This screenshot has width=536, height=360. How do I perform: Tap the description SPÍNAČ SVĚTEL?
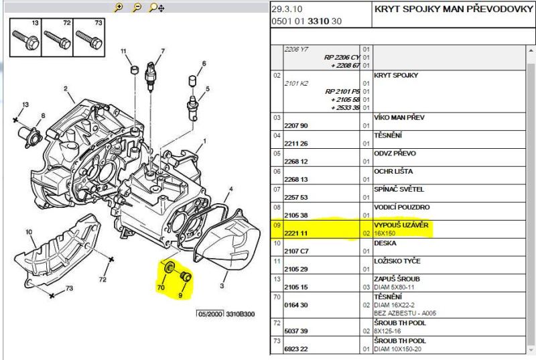point(399,189)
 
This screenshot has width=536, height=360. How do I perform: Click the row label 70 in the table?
point(275,296)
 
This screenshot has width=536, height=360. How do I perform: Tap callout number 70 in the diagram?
point(161,287)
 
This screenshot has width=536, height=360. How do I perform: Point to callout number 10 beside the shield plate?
point(29,232)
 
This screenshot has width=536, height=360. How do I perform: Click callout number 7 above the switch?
point(162,51)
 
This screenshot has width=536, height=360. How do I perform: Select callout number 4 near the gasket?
point(230,190)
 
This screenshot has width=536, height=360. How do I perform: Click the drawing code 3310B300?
point(241,313)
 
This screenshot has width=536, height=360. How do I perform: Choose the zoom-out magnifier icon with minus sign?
point(136,7)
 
